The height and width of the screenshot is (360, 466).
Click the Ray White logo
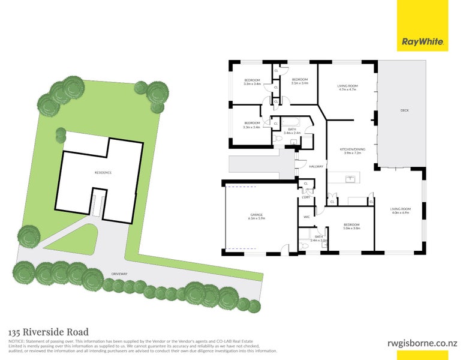(x=422, y=42)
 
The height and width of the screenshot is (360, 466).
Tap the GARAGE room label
(x=257, y=214)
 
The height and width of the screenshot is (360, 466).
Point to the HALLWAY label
(x=316, y=166)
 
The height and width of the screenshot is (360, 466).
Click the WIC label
(x=306, y=217)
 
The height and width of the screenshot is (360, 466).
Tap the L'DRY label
(x=306, y=197)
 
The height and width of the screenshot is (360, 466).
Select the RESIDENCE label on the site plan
(x=103, y=173)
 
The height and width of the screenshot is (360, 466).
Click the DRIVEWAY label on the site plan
(x=119, y=274)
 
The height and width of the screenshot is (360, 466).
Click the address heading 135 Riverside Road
(x=49, y=332)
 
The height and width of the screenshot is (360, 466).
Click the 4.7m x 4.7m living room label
(x=348, y=90)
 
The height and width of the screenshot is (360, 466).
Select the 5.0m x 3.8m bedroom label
(x=351, y=228)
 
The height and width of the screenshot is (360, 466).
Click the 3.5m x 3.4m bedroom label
(x=300, y=83)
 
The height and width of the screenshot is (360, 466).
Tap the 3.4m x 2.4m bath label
(x=292, y=133)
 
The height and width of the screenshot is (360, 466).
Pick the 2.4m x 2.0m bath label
(x=319, y=240)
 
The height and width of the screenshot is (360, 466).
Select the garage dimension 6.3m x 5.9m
(x=257, y=218)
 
